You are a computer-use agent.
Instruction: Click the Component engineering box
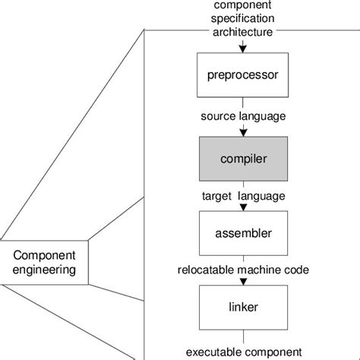44,261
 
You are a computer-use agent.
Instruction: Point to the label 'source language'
243,116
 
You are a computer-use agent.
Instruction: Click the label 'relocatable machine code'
243,270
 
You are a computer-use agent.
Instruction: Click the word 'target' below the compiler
218,196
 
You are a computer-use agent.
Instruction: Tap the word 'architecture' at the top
243,32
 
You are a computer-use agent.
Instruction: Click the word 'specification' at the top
243,20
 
